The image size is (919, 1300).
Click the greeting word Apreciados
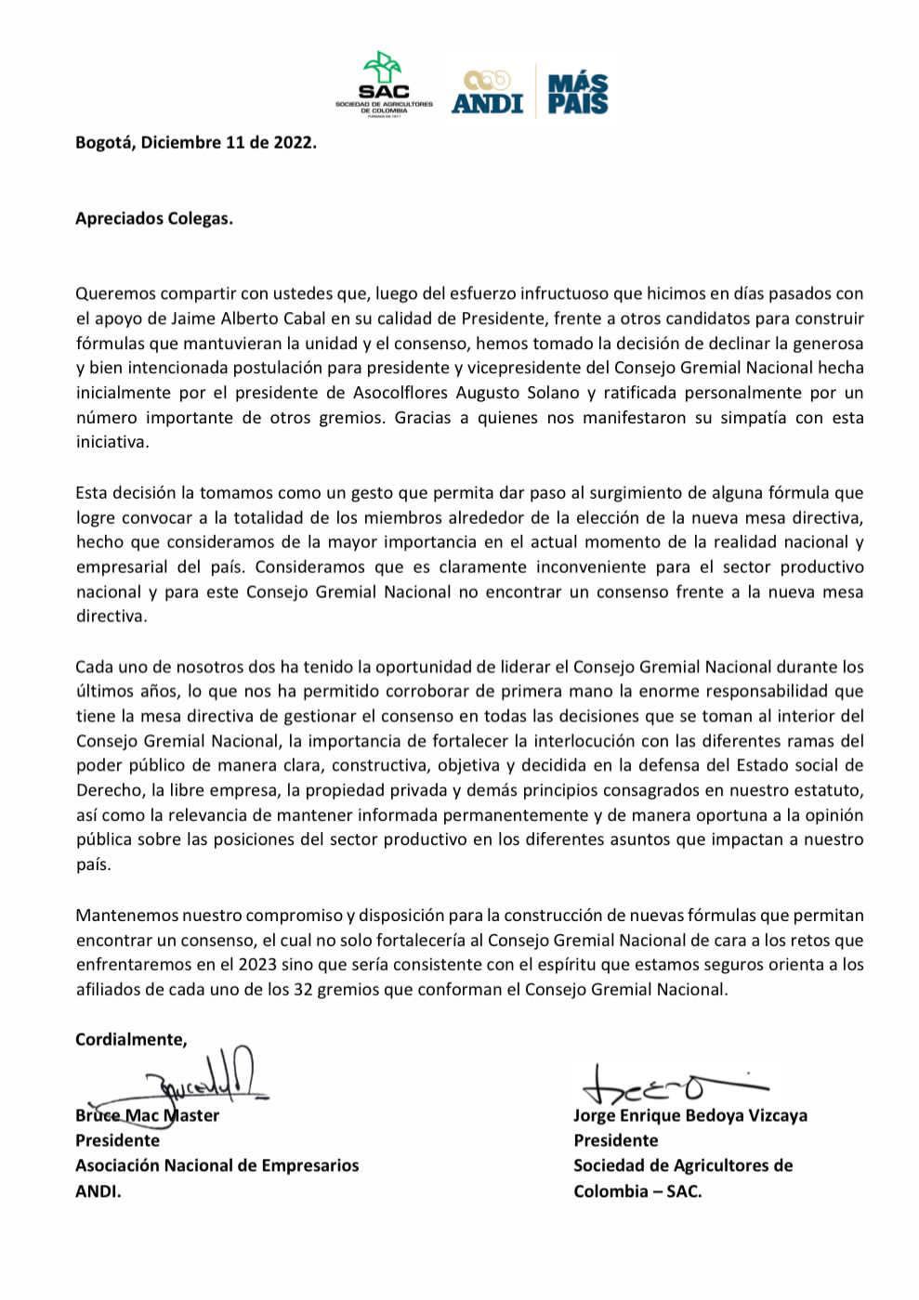[119, 219]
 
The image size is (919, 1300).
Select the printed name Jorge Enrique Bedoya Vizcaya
[689, 1115]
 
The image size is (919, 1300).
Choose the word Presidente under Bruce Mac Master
[117, 1140]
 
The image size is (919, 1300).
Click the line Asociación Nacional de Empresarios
[217, 1165]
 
